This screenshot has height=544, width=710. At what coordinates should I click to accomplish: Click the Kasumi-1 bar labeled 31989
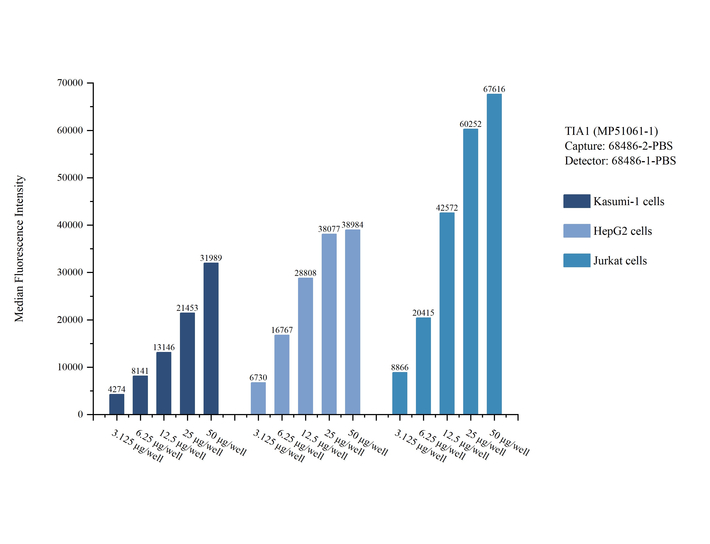[211, 338]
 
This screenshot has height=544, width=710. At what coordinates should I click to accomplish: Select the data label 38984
[352, 225]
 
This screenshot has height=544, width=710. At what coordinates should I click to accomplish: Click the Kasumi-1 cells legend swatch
[576, 201]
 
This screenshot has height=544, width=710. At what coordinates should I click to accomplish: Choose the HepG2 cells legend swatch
[576, 231]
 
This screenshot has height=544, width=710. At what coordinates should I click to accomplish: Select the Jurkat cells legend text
[620, 261]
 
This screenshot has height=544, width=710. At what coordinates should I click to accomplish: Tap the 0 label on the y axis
[80, 414]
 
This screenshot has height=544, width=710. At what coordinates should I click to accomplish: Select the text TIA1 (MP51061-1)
[611, 131]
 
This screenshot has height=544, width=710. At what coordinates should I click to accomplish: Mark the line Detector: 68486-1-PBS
[620, 161]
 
